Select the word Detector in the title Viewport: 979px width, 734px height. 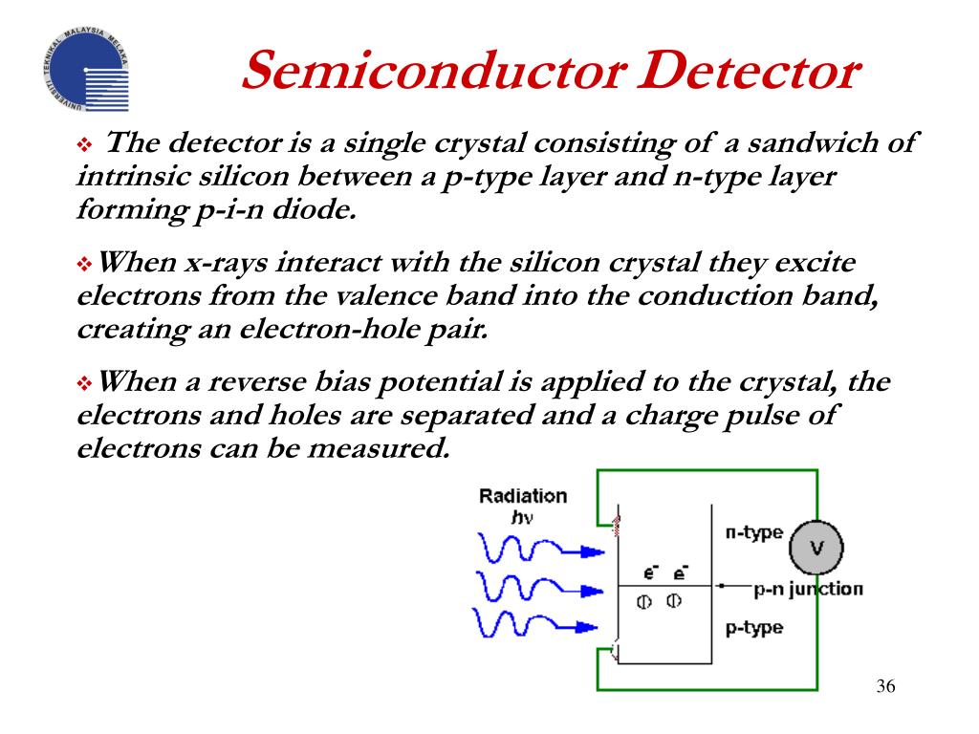[746, 73]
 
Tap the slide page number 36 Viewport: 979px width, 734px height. [885, 687]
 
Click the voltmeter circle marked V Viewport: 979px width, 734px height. [816, 548]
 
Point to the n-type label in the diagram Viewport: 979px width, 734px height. [753, 532]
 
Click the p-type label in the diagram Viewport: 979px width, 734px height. [753, 627]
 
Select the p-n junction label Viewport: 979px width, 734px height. [808, 589]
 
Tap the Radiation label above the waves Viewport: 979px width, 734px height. [523, 496]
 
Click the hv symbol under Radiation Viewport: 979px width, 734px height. [523, 517]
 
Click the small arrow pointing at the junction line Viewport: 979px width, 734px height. [731, 586]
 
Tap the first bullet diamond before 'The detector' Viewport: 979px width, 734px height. [83, 146]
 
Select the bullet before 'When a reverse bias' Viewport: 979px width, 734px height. [83, 384]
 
